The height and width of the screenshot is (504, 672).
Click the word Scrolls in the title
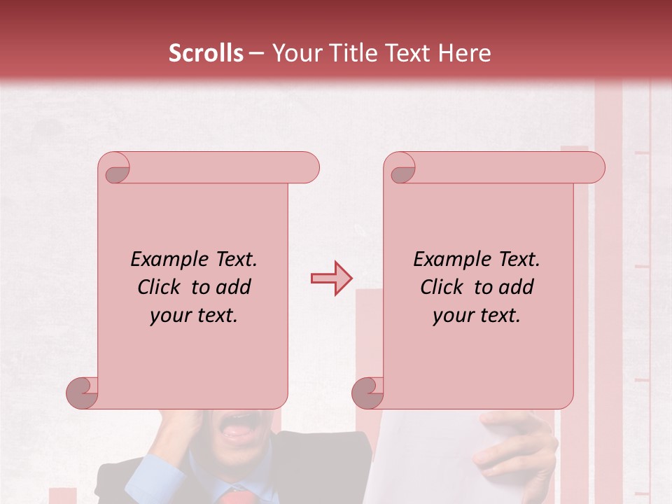pyautogui.click(x=206, y=53)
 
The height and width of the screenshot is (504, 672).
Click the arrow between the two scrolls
pyautogui.click(x=332, y=279)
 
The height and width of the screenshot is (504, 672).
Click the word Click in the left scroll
pyautogui.click(x=160, y=287)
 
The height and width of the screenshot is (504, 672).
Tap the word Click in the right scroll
pyautogui.click(x=442, y=287)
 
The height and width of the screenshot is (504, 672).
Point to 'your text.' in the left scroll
pyautogui.click(x=194, y=316)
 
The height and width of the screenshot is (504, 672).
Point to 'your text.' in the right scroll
pyautogui.click(x=477, y=316)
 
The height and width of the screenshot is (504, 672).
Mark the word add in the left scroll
pyautogui.click(x=234, y=287)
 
